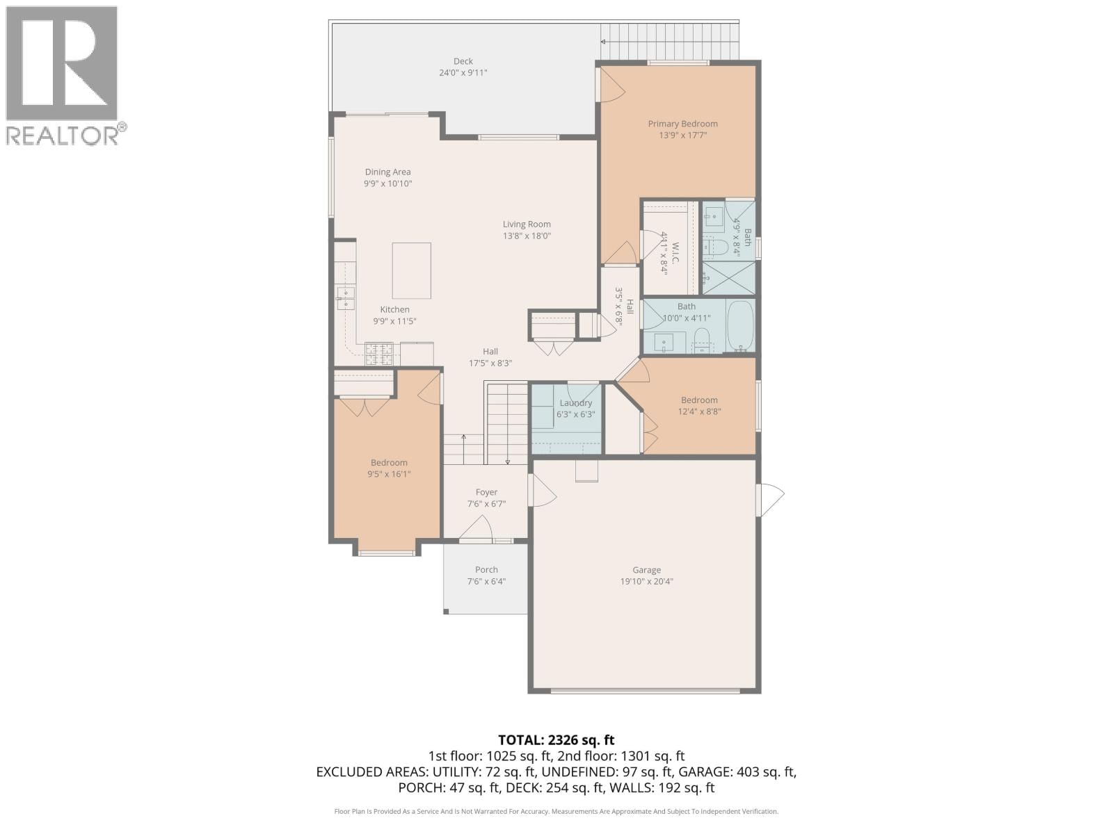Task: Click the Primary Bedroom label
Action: coord(682,124)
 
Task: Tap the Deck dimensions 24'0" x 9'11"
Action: coord(463,72)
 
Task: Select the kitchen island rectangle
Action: coord(411,270)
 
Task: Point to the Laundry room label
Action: coord(575,403)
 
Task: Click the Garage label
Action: coord(646,570)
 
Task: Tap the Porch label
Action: coord(486,570)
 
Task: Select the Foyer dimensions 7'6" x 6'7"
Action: coord(486,504)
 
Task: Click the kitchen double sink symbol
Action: coord(346,298)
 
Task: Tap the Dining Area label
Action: coord(387,172)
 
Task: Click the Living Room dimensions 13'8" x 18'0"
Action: coord(527,236)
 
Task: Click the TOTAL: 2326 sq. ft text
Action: coord(556,740)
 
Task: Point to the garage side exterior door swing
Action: coord(771,499)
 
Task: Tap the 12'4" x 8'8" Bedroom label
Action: coord(699,400)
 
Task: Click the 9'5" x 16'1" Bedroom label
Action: coord(389,462)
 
